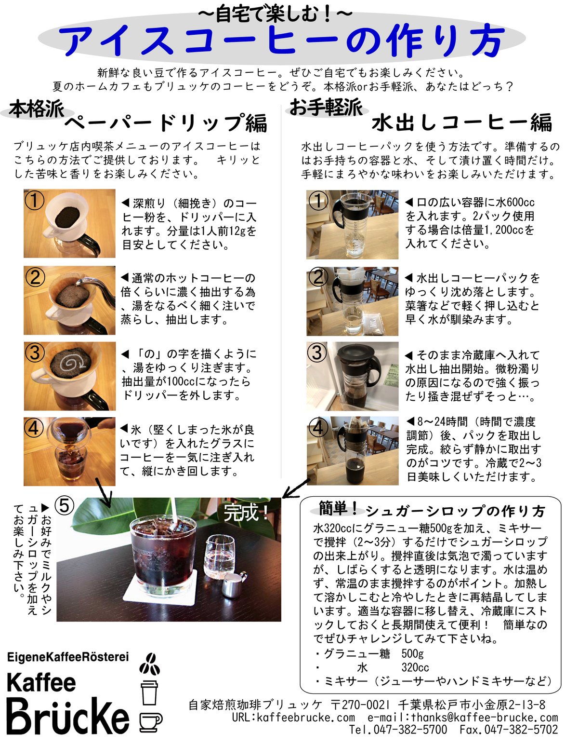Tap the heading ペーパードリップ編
coord(166,123)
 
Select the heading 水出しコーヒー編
coord(461,122)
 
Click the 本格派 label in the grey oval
coord(37,109)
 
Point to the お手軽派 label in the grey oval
coord(326,107)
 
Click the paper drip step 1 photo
coord(69,223)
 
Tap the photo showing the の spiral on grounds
coord(69,376)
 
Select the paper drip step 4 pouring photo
coord(69,451)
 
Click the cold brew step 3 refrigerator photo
coord(352,376)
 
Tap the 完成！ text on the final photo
coord(246,512)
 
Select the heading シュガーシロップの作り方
coord(455,511)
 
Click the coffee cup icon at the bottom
coord(150,722)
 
